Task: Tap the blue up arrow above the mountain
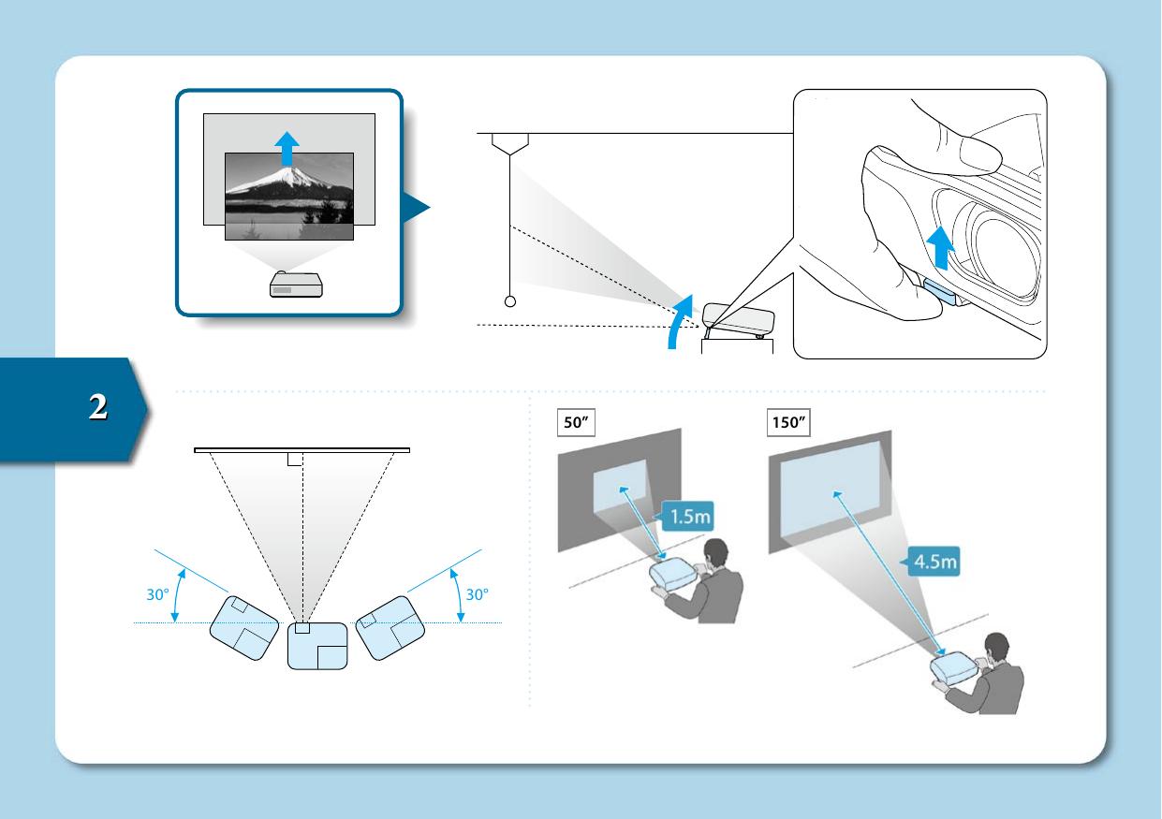pos(288,146)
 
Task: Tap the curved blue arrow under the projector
pos(680,323)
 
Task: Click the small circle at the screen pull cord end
pos(510,301)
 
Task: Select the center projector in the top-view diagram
pos(316,646)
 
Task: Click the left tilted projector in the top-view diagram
pos(244,627)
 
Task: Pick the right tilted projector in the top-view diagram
pos(391,627)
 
